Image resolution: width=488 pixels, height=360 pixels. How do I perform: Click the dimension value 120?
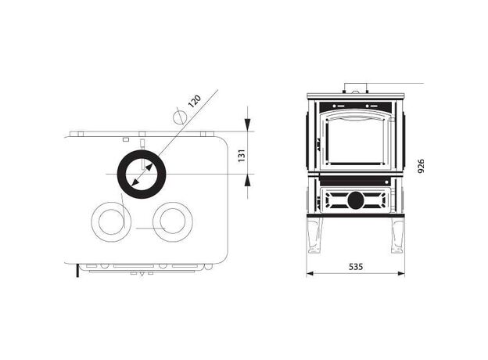click(x=196, y=101)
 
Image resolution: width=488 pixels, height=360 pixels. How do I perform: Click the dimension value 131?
click(x=242, y=156)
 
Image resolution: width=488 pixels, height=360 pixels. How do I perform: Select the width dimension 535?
click(x=356, y=267)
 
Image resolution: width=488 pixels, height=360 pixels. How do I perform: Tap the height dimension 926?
click(x=421, y=166)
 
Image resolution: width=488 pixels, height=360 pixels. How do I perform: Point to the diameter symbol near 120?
click(x=180, y=117)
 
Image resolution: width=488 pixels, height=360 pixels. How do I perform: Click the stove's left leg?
click(x=315, y=235)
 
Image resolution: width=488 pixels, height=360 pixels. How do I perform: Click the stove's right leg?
click(x=396, y=235)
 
